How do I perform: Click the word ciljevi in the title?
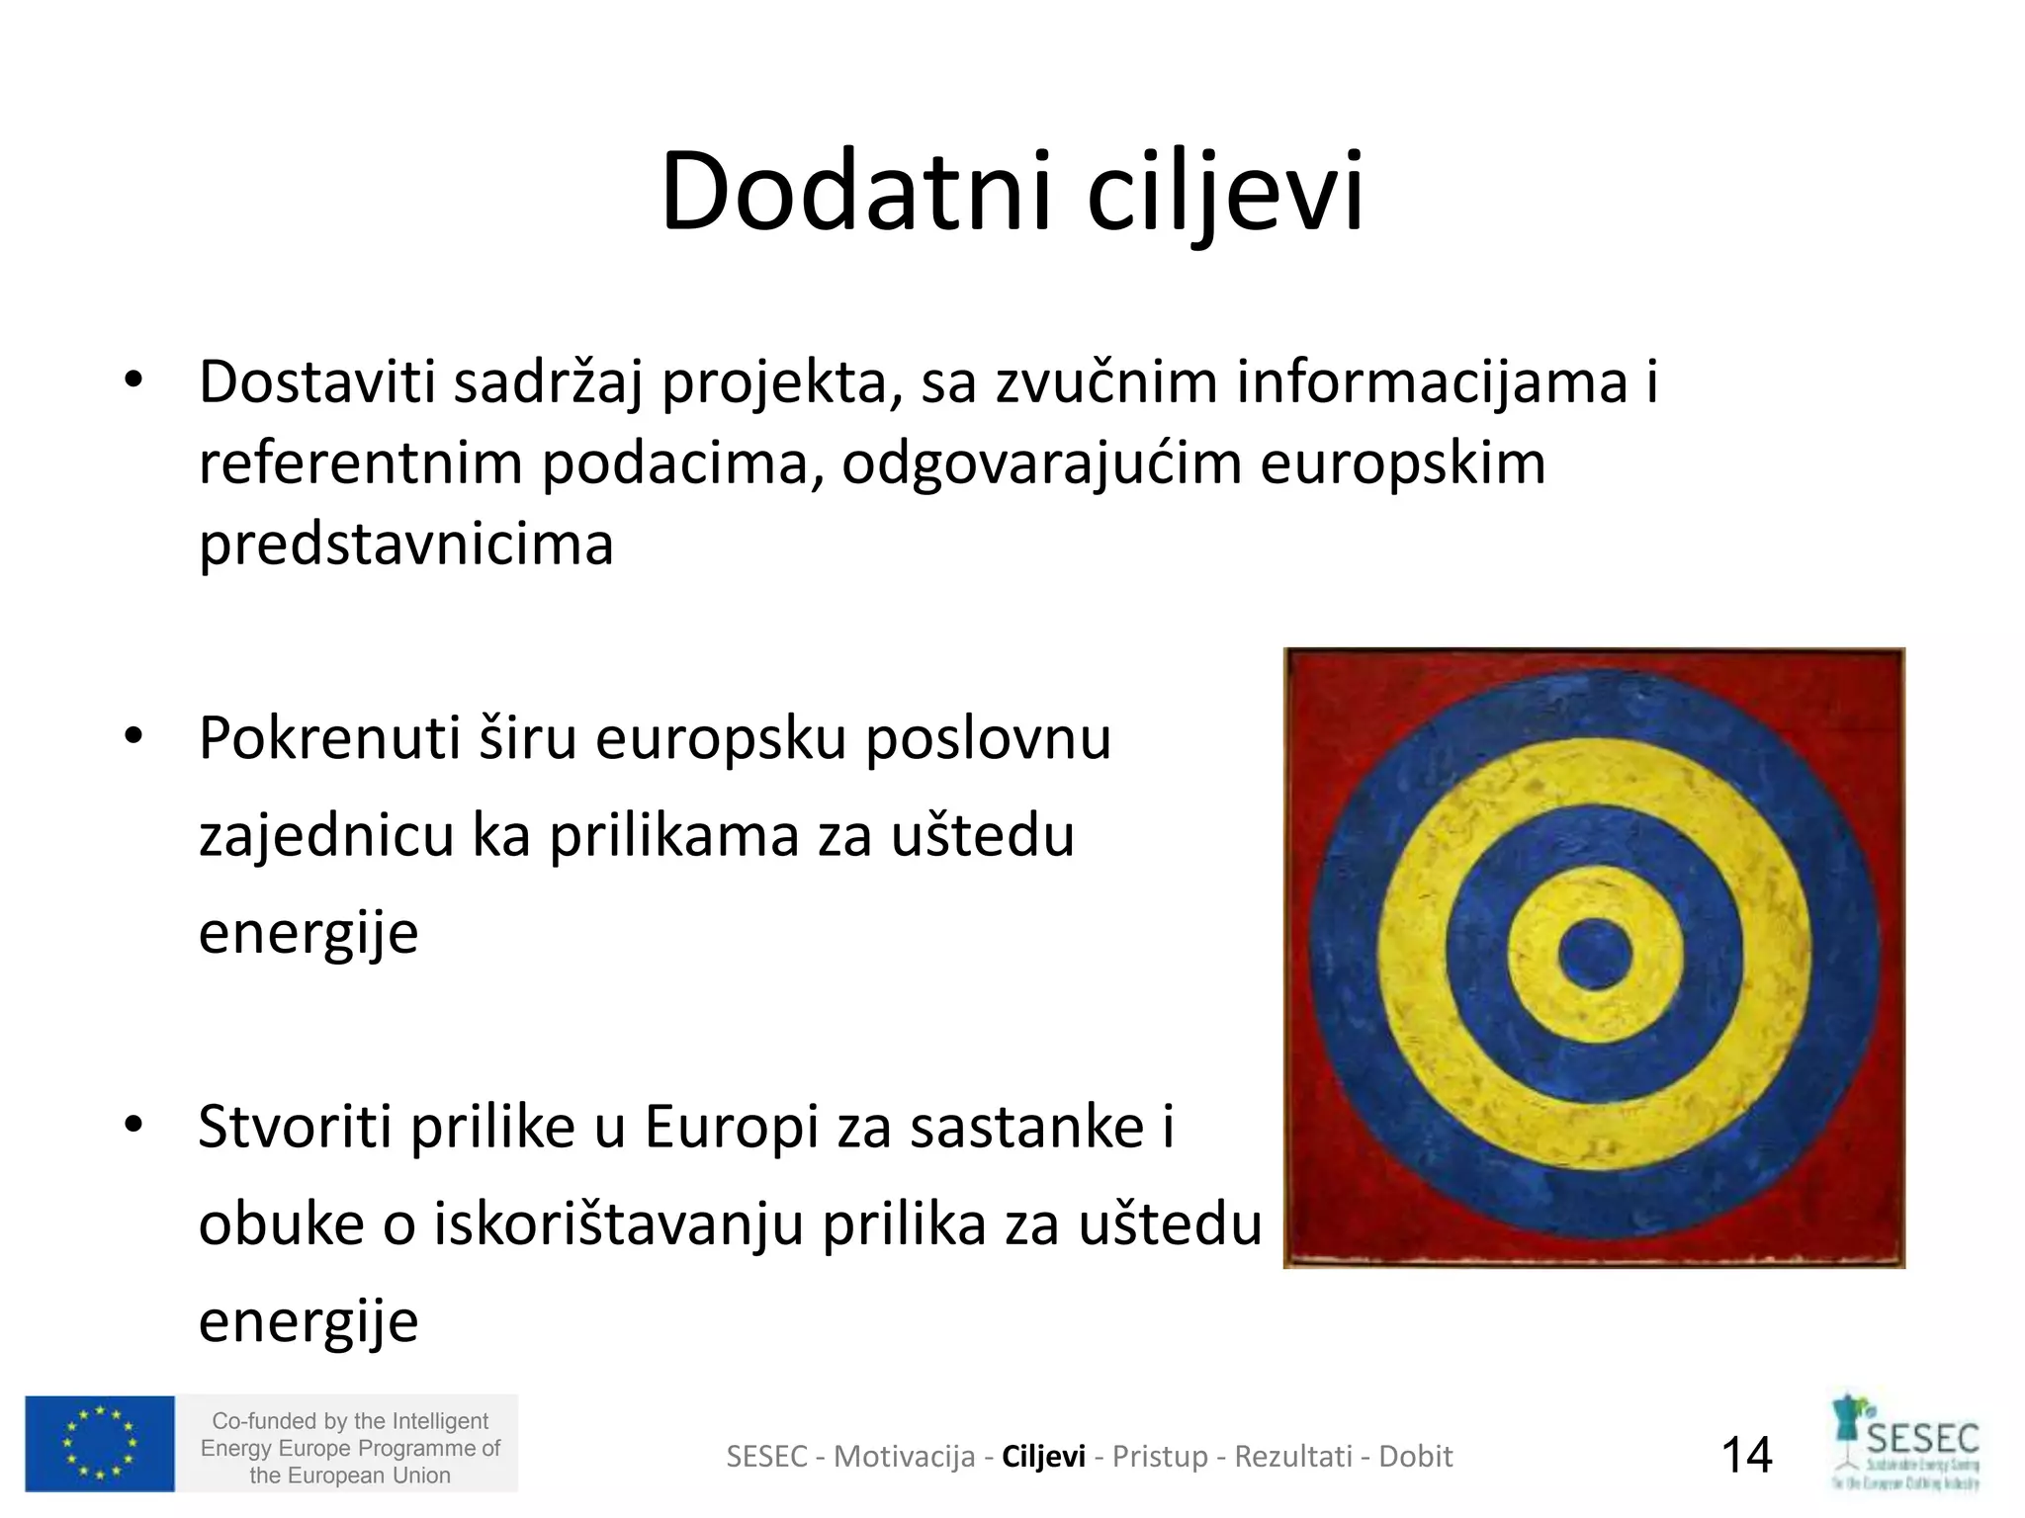1225,191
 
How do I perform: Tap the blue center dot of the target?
1594,955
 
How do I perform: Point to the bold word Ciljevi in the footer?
1043,1456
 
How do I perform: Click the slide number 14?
1747,1455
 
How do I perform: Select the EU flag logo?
100,1443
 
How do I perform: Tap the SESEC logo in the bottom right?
1905,1443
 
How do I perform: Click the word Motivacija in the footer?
904,1456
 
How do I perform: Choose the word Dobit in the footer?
1415,1456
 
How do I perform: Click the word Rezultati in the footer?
1293,1456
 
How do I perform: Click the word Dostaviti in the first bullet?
317,381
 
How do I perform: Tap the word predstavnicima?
406,544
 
